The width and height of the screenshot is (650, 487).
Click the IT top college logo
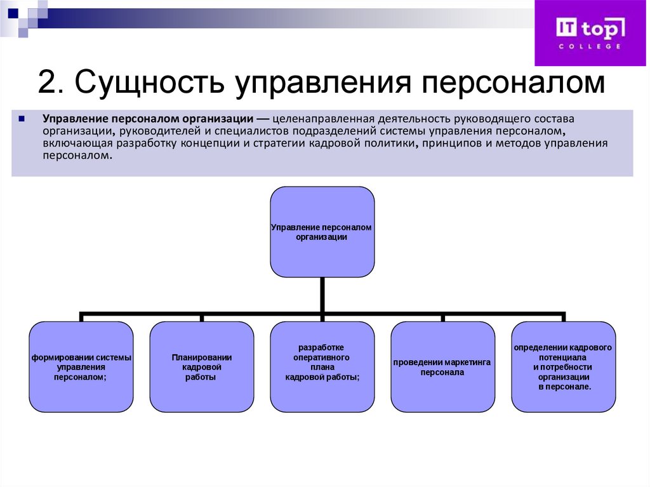pyautogui.click(x=591, y=32)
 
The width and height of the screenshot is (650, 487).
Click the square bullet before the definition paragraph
pyautogui.click(x=22, y=118)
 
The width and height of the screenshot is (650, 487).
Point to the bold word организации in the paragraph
pyautogui.click(x=218, y=119)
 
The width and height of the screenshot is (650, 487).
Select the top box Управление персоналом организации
pyautogui.click(x=322, y=231)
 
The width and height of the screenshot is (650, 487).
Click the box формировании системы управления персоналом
pyautogui.click(x=81, y=367)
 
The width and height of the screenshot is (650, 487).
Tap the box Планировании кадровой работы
pyautogui.click(x=201, y=367)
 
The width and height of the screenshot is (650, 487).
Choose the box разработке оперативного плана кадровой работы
pyautogui.click(x=322, y=367)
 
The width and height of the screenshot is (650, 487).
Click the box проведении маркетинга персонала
pyautogui.click(x=442, y=367)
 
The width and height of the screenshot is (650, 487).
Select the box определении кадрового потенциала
pyautogui.click(x=563, y=367)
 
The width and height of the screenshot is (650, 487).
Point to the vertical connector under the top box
pyautogui.click(x=322, y=295)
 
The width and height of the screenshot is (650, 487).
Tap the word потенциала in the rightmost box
pyautogui.click(x=563, y=357)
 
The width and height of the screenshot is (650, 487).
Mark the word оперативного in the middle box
pyautogui.click(x=322, y=357)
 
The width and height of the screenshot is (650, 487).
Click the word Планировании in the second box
pyautogui.click(x=201, y=357)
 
